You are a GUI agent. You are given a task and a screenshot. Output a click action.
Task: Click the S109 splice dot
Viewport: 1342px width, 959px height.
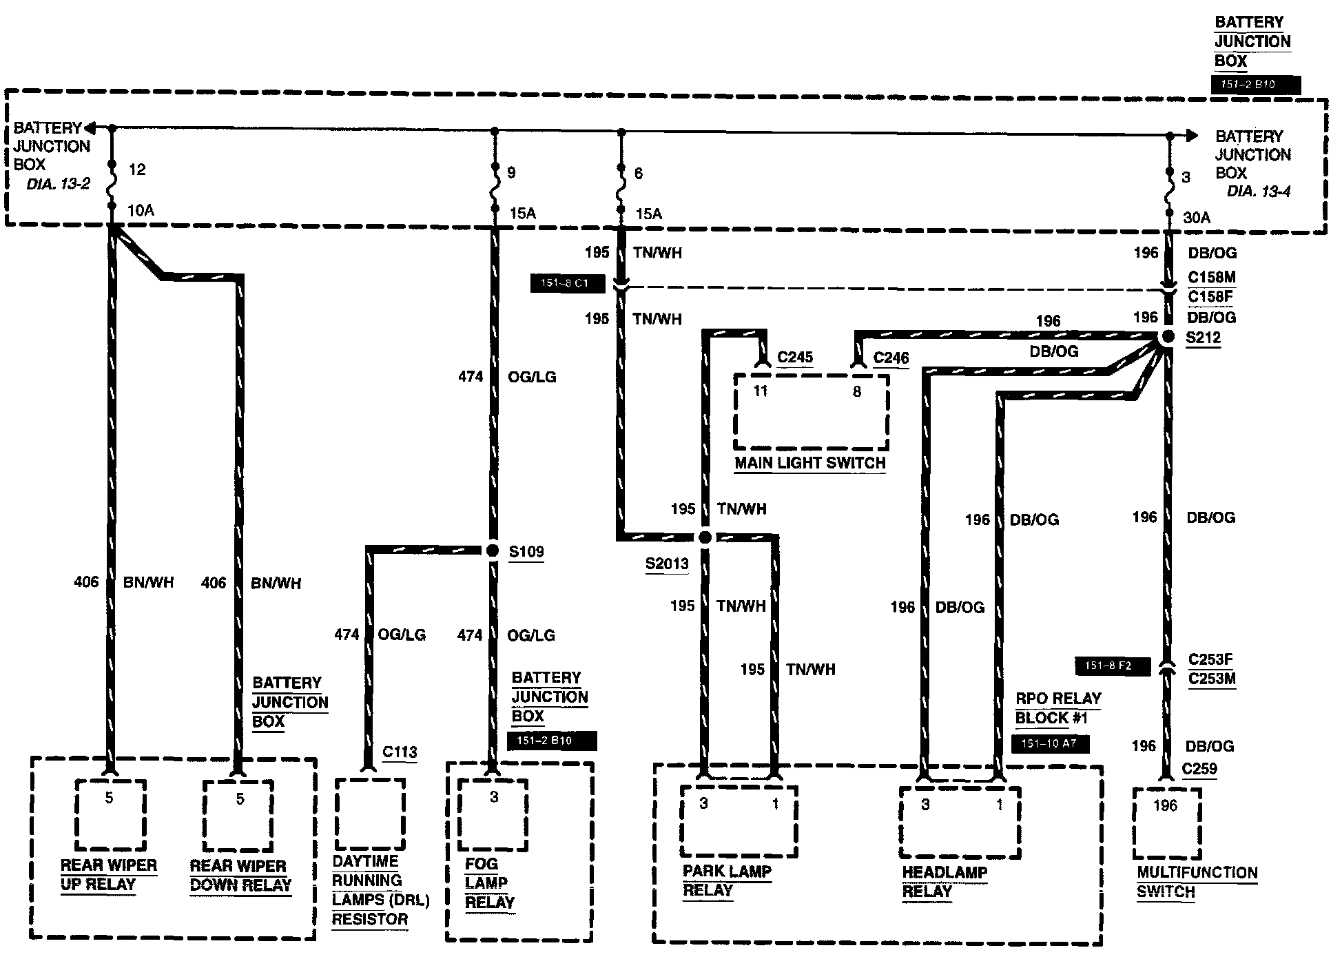[492, 550]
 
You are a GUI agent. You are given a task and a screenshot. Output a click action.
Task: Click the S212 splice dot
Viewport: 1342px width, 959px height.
[1167, 338]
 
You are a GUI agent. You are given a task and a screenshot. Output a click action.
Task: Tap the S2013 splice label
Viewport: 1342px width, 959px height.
[666, 564]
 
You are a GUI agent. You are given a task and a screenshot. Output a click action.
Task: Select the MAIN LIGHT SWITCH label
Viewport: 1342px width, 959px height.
[809, 463]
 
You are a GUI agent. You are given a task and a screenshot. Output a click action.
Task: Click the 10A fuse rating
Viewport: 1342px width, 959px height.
[141, 210]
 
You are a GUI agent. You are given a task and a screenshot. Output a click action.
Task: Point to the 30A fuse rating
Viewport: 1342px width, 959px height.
[1197, 218]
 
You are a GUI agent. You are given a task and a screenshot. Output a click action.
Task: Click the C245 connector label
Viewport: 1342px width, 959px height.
[795, 357]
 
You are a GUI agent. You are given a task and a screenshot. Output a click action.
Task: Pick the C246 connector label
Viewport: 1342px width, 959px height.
[891, 358]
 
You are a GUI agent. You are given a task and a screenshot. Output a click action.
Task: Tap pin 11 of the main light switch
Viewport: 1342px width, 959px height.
[760, 391]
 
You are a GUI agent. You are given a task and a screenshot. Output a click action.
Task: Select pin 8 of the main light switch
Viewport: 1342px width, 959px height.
[857, 391]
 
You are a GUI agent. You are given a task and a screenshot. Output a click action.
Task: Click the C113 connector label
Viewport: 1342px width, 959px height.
[400, 752]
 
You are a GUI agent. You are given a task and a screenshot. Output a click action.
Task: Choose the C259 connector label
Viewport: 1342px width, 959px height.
[1199, 769]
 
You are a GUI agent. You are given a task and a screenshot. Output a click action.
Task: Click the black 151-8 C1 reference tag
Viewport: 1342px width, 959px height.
[567, 283]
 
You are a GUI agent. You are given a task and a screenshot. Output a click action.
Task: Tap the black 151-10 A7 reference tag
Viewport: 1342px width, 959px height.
[1050, 744]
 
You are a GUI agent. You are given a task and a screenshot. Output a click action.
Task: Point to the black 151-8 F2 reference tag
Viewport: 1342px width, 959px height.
[1113, 666]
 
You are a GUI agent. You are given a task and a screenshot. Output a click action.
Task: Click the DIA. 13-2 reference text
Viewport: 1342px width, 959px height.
[59, 184]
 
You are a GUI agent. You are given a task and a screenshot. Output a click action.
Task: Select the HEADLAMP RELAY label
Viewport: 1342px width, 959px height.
[944, 881]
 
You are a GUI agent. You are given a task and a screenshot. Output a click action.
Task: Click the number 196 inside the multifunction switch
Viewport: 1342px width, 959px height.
[1165, 805]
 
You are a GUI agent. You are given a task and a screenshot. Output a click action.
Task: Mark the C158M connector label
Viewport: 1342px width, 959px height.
[1211, 277]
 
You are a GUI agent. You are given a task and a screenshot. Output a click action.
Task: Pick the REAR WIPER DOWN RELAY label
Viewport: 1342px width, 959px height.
[240, 875]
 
